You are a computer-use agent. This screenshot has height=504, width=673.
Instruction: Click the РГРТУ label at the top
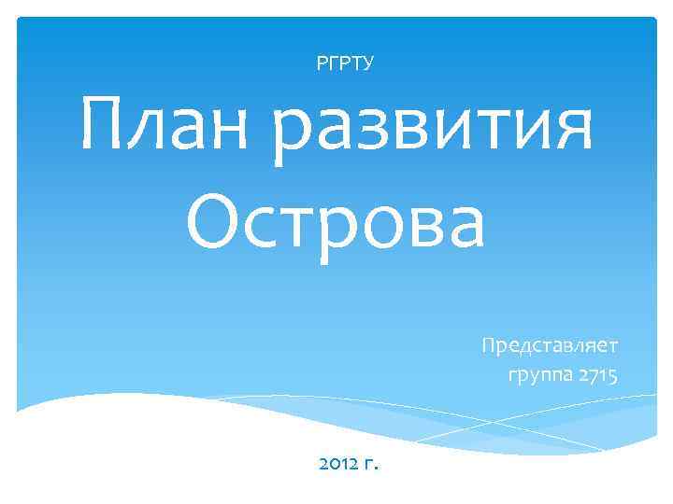click(x=346, y=63)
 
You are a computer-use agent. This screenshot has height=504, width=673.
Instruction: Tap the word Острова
click(x=336, y=224)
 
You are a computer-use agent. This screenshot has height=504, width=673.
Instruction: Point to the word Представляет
click(x=550, y=346)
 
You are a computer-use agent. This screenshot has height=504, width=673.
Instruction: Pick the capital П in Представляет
click(x=488, y=345)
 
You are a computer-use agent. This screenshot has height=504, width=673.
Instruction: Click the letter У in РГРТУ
click(x=369, y=63)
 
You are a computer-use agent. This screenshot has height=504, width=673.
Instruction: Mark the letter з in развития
click(x=359, y=133)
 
